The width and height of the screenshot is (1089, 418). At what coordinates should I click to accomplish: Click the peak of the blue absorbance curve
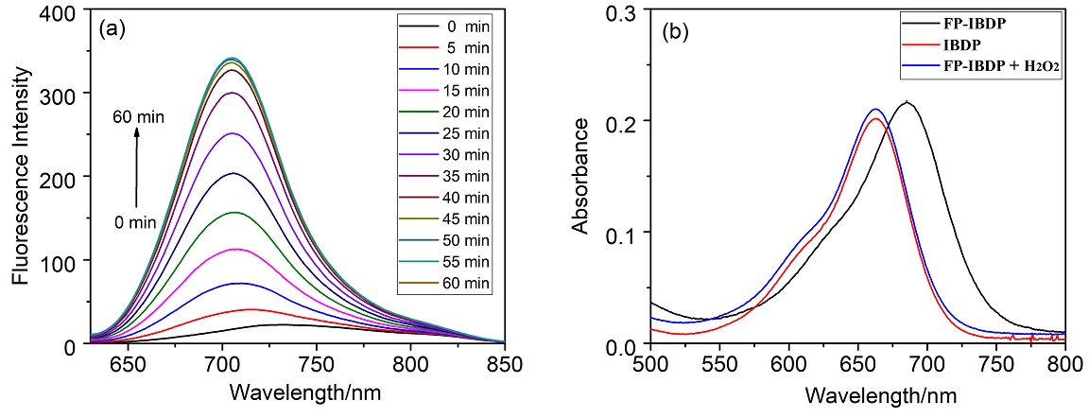click(x=875, y=109)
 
